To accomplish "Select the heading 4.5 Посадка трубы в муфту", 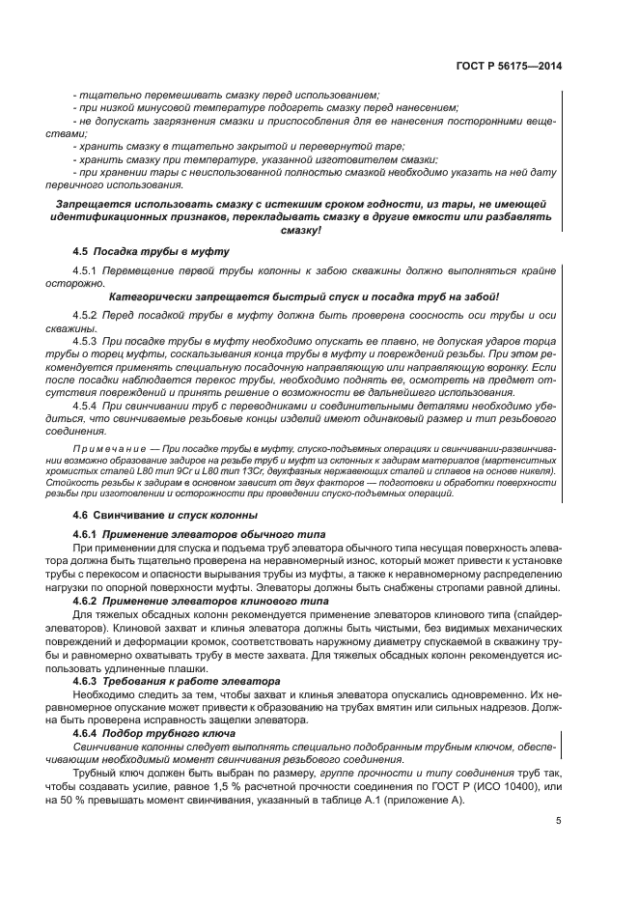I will (x=152, y=251).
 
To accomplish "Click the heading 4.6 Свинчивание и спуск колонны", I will (x=165, y=515).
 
